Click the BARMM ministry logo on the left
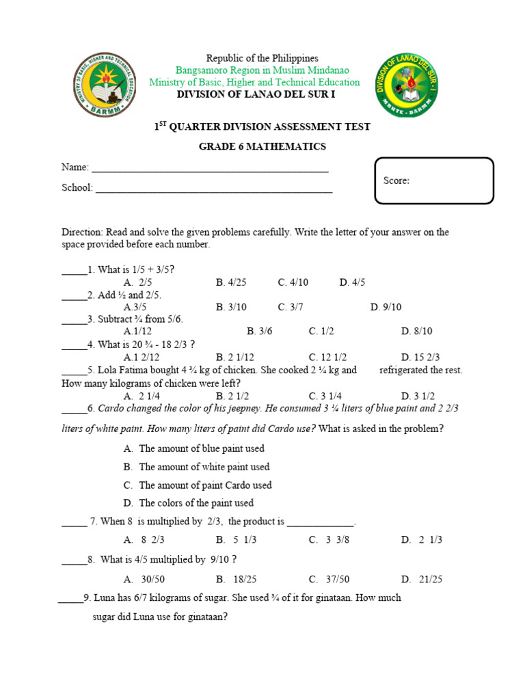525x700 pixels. click(x=105, y=85)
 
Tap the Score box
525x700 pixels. click(x=434, y=181)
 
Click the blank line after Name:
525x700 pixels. click(x=210, y=168)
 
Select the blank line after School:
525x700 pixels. click(x=213, y=189)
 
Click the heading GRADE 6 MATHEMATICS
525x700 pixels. click(x=262, y=146)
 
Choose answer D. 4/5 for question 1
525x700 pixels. click(x=352, y=282)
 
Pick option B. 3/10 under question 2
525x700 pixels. click(x=231, y=307)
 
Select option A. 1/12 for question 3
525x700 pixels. click(x=137, y=332)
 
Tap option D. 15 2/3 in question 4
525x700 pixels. click(x=420, y=357)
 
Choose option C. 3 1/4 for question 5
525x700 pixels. click(x=325, y=396)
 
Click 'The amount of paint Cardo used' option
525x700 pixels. click(x=198, y=485)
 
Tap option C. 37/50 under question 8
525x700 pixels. click(x=329, y=579)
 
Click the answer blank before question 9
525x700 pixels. click(x=70, y=598)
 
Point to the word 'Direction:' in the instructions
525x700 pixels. click(x=81, y=232)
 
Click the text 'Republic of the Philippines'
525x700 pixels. click(x=253, y=59)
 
